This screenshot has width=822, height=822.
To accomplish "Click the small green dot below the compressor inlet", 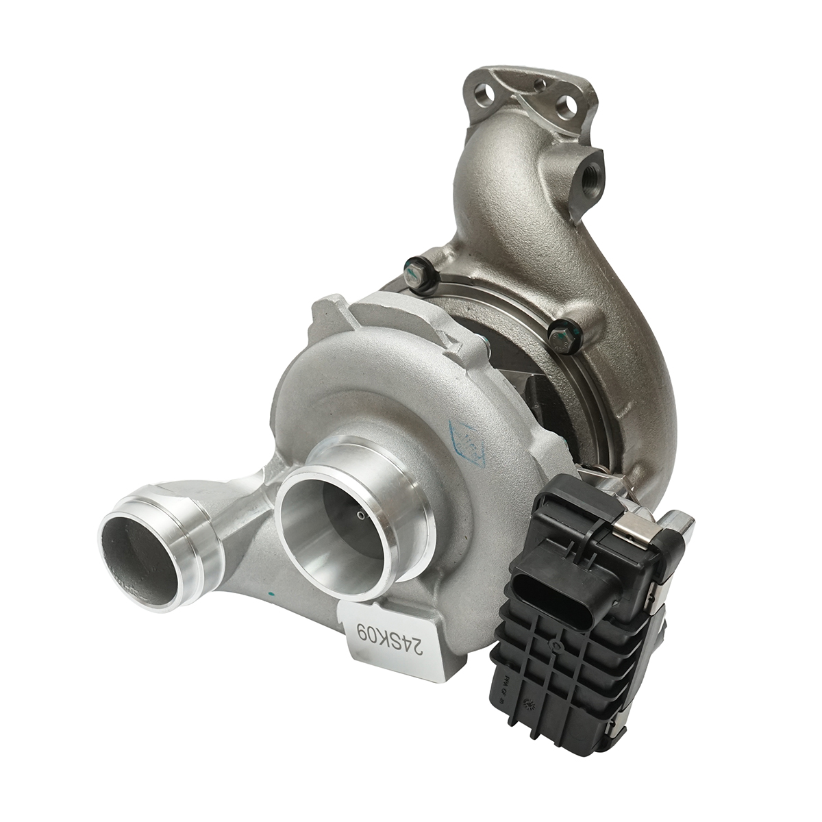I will (x=272, y=594).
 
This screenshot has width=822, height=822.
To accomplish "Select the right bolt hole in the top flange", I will (x=566, y=105).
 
